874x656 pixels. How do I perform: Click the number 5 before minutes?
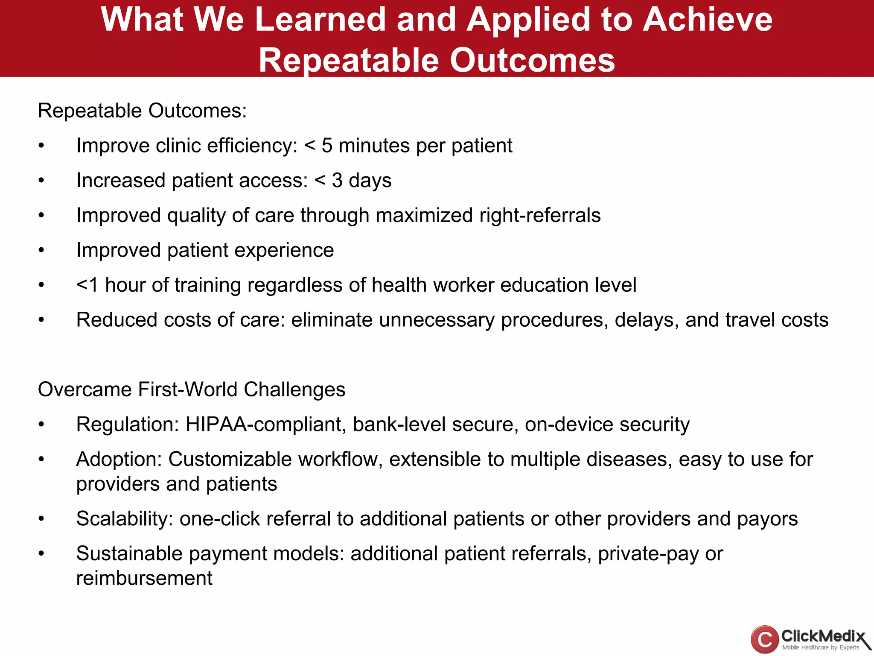click(327, 146)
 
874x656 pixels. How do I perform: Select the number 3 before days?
click(337, 180)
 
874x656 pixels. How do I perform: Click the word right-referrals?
click(540, 215)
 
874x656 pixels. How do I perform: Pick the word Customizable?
click(230, 460)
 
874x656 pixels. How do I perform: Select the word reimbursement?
click(144, 578)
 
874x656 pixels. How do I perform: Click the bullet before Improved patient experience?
click(41, 250)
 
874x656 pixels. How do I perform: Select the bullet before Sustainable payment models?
click(41, 554)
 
